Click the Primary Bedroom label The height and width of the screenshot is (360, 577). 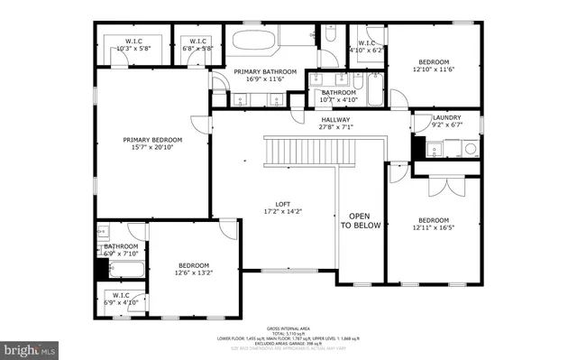[x=152, y=140]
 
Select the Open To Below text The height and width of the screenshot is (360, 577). [x=360, y=220]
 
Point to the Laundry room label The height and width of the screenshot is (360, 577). [x=446, y=117]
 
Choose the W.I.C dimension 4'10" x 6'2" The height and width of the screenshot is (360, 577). [x=367, y=51]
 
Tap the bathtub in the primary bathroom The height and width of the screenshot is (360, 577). [x=257, y=41]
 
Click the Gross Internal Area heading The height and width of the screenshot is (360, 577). [x=288, y=328]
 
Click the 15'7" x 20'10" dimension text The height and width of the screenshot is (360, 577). [x=152, y=147]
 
